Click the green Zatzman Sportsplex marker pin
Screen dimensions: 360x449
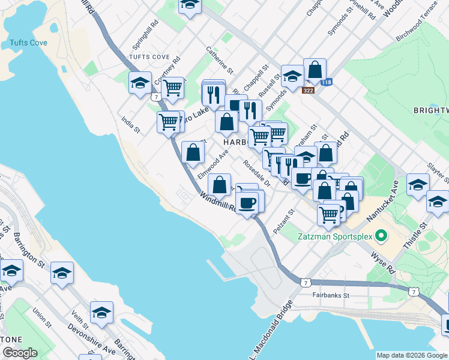click(379, 236)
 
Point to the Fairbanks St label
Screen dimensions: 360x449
click(331, 295)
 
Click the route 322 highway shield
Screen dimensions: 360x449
click(309, 90)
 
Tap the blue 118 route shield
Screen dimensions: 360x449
click(326, 82)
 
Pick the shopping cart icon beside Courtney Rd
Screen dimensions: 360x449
click(173, 88)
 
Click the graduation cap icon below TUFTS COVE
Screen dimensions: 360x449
click(140, 83)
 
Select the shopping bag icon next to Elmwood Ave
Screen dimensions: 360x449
click(193, 153)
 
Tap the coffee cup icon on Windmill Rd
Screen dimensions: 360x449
click(247, 202)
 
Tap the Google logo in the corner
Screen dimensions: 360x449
click(20, 353)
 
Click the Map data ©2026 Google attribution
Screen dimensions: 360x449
click(411, 355)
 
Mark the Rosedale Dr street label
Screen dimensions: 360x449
click(257, 172)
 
